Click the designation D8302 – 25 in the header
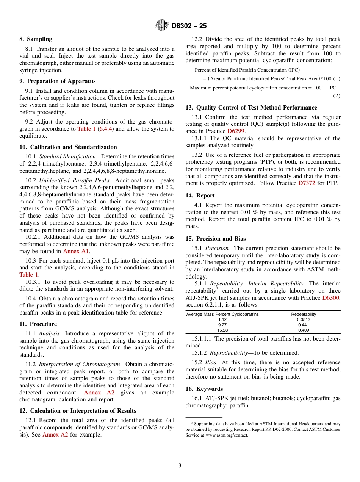click(x=189, y=26)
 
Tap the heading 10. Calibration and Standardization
click(x=68, y=147)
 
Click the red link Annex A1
click(x=77, y=251)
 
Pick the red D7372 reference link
click(x=308, y=183)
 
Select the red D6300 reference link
click(x=331, y=298)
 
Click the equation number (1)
click(x=337, y=78)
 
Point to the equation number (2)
click(x=337, y=96)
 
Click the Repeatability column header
click(x=304, y=314)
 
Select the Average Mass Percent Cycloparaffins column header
click(x=222, y=314)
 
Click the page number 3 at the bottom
click(x=180, y=466)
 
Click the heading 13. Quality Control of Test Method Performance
click(x=251, y=108)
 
